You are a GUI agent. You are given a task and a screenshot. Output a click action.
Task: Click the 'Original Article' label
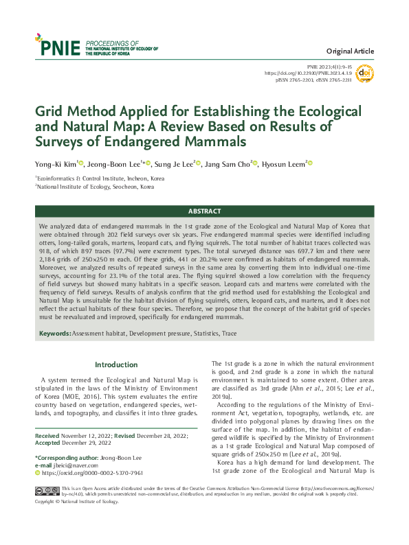(x=350, y=51)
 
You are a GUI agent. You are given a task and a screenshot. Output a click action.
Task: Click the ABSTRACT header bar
(x=204, y=211)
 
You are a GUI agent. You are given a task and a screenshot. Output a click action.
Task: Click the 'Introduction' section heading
(x=116, y=364)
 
